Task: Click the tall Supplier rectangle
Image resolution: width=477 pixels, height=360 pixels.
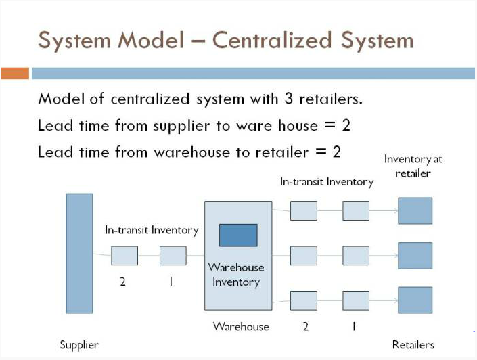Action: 79,253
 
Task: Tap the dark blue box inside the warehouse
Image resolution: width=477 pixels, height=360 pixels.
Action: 238,235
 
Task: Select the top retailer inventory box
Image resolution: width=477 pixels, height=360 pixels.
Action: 415,210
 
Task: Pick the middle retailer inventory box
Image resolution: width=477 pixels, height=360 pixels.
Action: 415,256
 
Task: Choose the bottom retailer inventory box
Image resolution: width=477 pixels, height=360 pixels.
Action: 415,300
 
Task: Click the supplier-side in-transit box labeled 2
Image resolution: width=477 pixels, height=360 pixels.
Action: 124,256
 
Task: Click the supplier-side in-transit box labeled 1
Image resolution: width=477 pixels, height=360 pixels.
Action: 173,256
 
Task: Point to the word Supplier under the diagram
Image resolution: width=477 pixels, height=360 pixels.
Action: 79,345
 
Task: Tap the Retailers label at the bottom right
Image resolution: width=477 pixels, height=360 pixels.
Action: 413,345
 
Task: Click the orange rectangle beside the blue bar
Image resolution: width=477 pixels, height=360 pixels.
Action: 15,73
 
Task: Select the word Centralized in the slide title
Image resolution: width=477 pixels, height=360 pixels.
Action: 272,40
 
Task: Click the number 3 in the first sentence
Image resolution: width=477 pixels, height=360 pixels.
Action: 289,99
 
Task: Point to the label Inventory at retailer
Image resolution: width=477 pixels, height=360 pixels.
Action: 413,166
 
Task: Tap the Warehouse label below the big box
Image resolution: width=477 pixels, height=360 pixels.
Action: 241,327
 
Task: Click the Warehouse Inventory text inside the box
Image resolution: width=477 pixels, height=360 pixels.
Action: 236,275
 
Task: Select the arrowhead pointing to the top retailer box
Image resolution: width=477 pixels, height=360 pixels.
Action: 396,210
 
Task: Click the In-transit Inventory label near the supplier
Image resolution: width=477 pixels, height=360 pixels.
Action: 152,230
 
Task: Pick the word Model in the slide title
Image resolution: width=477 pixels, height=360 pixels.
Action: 151,40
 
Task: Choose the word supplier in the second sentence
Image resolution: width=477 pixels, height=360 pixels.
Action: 181,126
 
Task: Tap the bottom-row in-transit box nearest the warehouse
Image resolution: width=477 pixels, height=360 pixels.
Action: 304,300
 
